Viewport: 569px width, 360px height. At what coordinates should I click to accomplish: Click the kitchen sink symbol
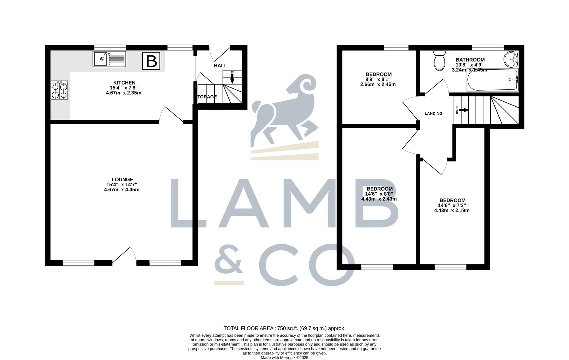[x=109, y=59]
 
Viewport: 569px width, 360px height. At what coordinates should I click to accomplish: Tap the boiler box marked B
[x=151, y=61]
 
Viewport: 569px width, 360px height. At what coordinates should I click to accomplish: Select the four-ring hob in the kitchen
[x=59, y=90]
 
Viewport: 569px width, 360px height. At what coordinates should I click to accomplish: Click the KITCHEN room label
[x=124, y=83]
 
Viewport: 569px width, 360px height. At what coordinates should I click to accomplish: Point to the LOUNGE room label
[x=122, y=179]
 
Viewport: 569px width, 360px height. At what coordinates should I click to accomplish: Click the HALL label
[x=220, y=66]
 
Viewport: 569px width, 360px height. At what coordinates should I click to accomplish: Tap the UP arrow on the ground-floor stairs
[x=232, y=78]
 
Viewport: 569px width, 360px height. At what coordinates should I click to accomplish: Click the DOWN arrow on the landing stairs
[x=464, y=110]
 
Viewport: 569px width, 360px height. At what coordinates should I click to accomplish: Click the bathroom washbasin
[x=511, y=59]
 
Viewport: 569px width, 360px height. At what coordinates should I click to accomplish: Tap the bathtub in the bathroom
[x=493, y=80]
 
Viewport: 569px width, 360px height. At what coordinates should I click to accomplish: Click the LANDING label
[x=433, y=113]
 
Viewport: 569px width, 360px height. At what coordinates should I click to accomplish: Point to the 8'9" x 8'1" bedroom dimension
[x=378, y=79]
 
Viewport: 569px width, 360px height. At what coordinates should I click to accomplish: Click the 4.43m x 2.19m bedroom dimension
[x=452, y=210]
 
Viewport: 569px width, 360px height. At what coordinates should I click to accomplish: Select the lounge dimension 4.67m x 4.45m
[x=122, y=190]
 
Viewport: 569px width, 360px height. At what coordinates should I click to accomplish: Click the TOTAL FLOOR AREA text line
[x=284, y=328]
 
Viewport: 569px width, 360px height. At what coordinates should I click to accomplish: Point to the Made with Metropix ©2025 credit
[x=284, y=358]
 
